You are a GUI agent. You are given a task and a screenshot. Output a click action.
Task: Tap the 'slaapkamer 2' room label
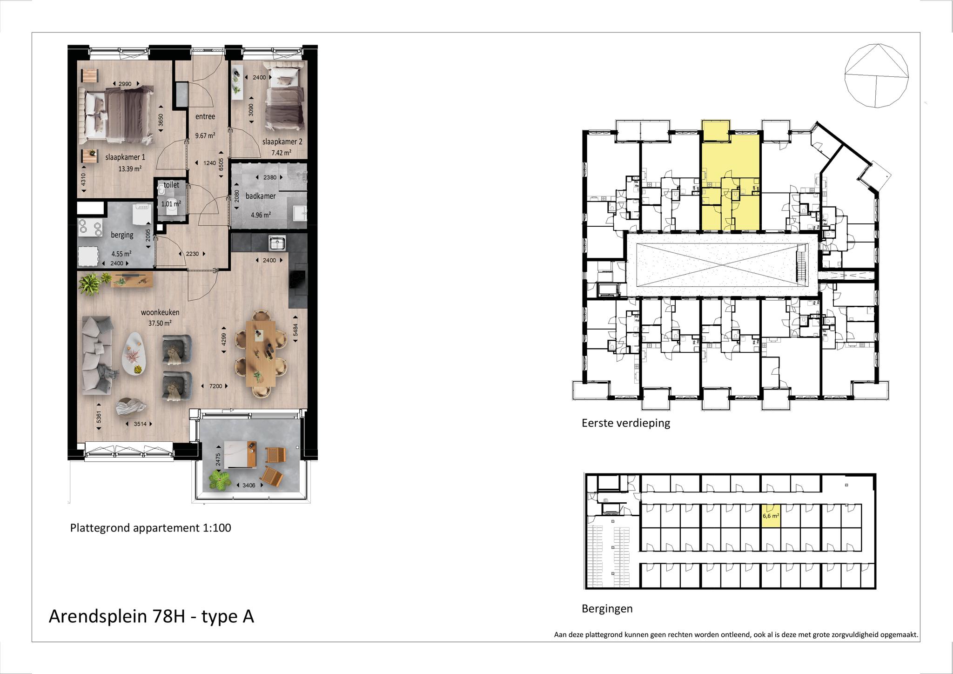[285, 142]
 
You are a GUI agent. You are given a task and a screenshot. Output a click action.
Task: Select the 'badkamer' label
[261, 196]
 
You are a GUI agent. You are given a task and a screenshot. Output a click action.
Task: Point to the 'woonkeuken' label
[160, 312]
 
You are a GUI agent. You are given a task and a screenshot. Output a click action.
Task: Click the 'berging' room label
[122, 235]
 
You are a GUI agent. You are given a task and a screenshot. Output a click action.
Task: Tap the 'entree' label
[205, 116]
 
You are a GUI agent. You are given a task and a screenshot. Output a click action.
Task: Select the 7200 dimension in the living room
[215, 386]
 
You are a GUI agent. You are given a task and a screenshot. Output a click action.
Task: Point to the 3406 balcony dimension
[249, 485]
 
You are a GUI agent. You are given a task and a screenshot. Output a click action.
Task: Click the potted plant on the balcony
[220, 480]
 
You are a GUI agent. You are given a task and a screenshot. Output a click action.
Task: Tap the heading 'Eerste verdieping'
[626, 423]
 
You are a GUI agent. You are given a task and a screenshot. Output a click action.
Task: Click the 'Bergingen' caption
[607, 608]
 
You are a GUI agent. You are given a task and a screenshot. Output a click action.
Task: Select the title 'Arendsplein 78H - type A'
[152, 616]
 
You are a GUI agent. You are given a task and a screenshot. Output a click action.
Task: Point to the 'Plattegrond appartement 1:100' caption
[151, 528]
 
